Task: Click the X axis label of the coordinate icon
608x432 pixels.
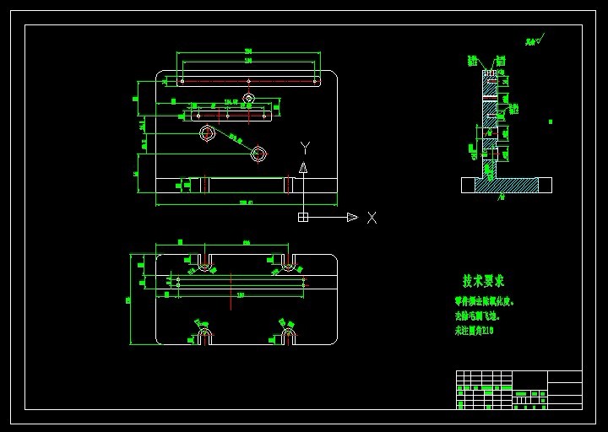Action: [x=372, y=218]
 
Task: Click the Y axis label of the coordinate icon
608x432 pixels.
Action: [x=305, y=148]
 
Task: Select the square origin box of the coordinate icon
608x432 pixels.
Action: [x=303, y=217]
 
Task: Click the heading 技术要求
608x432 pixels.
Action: [x=483, y=280]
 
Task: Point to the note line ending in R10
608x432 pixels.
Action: [x=474, y=331]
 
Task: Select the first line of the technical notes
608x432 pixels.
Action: [x=484, y=301]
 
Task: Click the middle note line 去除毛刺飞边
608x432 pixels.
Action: [x=478, y=316]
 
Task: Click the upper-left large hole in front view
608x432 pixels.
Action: [x=208, y=132]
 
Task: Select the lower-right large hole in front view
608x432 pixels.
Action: [x=258, y=154]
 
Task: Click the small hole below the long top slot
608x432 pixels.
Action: [x=248, y=98]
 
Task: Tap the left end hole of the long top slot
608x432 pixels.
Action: [x=182, y=81]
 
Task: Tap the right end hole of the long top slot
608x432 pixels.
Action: [x=315, y=81]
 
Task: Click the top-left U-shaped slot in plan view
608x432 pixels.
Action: [x=204, y=262]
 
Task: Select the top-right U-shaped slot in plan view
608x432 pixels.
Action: [x=288, y=262]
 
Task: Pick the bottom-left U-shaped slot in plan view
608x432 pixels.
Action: [x=204, y=336]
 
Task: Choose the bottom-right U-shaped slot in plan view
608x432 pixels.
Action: [x=288, y=336]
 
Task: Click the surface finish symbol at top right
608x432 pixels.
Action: [x=535, y=40]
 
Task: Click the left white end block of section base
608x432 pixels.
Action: [x=468, y=185]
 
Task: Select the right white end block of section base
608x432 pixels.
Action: [x=545, y=185]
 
